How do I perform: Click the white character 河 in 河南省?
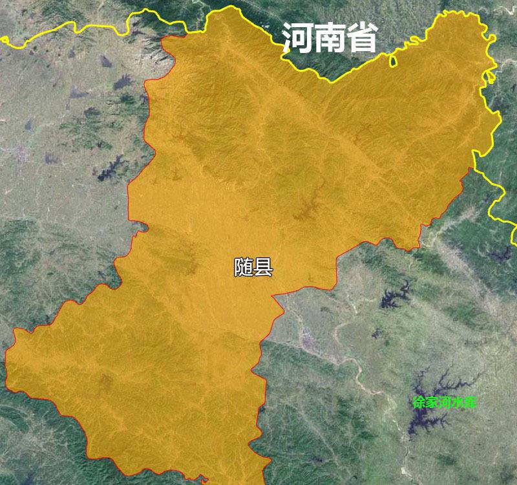point(298,39)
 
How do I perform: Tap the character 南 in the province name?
point(330,39)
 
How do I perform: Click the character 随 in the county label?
point(244,267)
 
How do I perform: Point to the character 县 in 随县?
point(263,267)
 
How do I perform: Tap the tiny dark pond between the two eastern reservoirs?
point(376,334)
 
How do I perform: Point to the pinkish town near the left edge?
point(23,153)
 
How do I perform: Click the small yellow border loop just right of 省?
point(392,61)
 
